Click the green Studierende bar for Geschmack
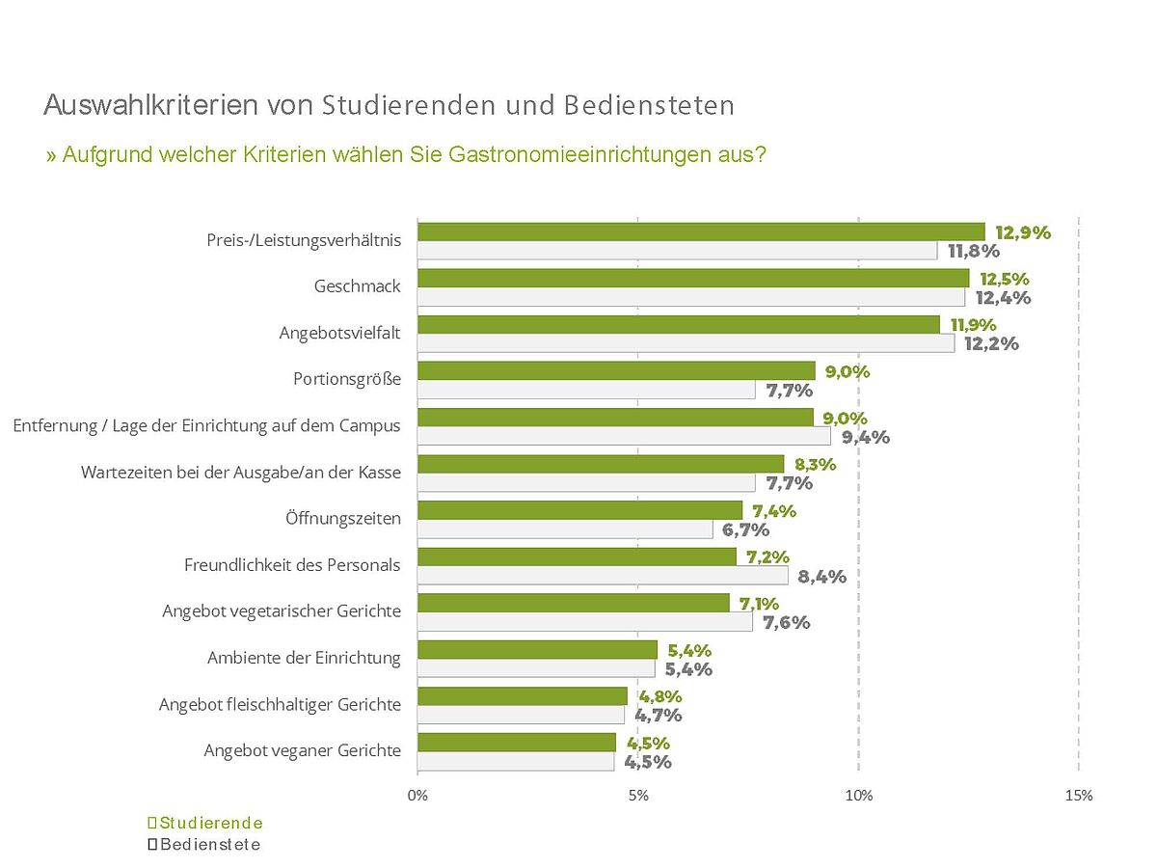pyautogui.click(x=692, y=278)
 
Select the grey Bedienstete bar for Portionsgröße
pyautogui.click(x=586, y=390)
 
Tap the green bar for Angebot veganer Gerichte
pyautogui.click(x=516, y=742)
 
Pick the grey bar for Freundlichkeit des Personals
pyautogui.click(x=603, y=576)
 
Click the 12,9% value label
pyautogui.click(x=1022, y=232)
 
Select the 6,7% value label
pyautogui.click(x=745, y=529)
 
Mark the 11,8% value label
pyautogui.click(x=974, y=252)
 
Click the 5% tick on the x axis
pyautogui.click(x=637, y=796)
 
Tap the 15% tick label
pyautogui.click(x=1079, y=796)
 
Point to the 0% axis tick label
pyautogui.click(x=417, y=796)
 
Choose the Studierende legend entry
pyautogui.click(x=204, y=823)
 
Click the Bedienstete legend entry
pyautogui.click(x=203, y=845)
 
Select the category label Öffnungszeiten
pyautogui.click(x=342, y=518)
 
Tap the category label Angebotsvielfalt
pyautogui.click(x=339, y=333)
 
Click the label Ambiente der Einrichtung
pyautogui.click(x=304, y=658)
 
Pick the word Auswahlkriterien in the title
pyautogui.click(x=149, y=105)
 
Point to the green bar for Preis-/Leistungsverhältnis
pyautogui.click(x=701, y=231)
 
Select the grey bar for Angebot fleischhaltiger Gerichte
pyautogui.click(x=521, y=715)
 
